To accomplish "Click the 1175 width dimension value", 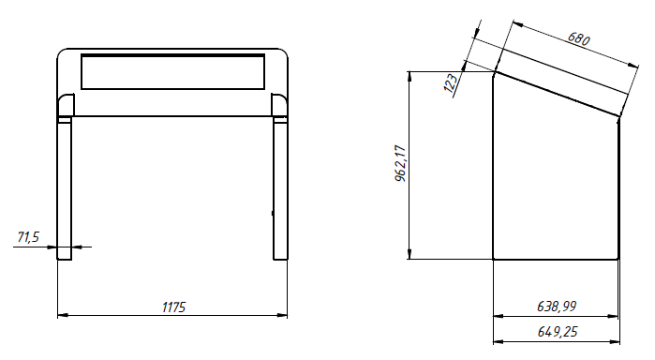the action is pos(173,307).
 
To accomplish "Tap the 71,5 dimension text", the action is pos(28,237).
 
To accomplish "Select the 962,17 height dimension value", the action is pos(400,163).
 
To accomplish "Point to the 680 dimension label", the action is pos(578,38).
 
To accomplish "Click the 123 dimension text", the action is pos(451,85).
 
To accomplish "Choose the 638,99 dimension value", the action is pos(557,307).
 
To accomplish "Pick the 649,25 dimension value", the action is pos(558,332).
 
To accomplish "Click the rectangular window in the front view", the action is pos(173,71).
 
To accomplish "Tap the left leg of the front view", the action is pos(65,188).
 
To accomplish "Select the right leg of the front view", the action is pos(280,188).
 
